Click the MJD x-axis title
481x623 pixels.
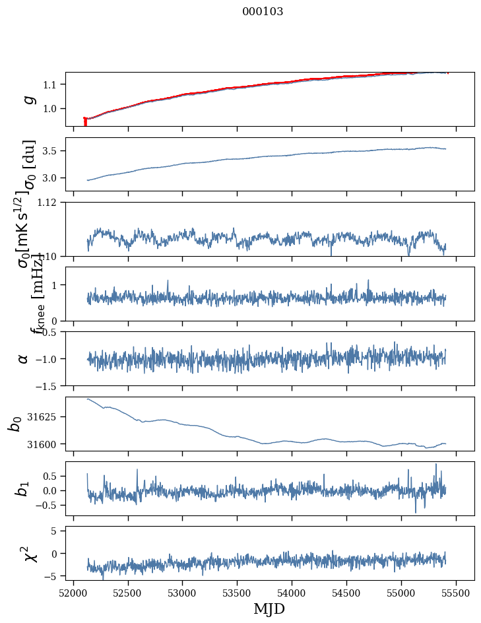[x=269, y=609]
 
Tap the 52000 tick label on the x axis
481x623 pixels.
[x=73, y=593]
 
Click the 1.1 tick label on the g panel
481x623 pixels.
[x=52, y=84]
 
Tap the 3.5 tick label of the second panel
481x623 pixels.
[x=52, y=151]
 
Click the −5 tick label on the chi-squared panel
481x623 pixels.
[x=53, y=576]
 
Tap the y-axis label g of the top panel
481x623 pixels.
[x=27, y=99]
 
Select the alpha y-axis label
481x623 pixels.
[x=24, y=358]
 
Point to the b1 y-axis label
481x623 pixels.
[x=23, y=488]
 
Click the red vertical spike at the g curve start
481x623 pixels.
[x=85, y=121]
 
